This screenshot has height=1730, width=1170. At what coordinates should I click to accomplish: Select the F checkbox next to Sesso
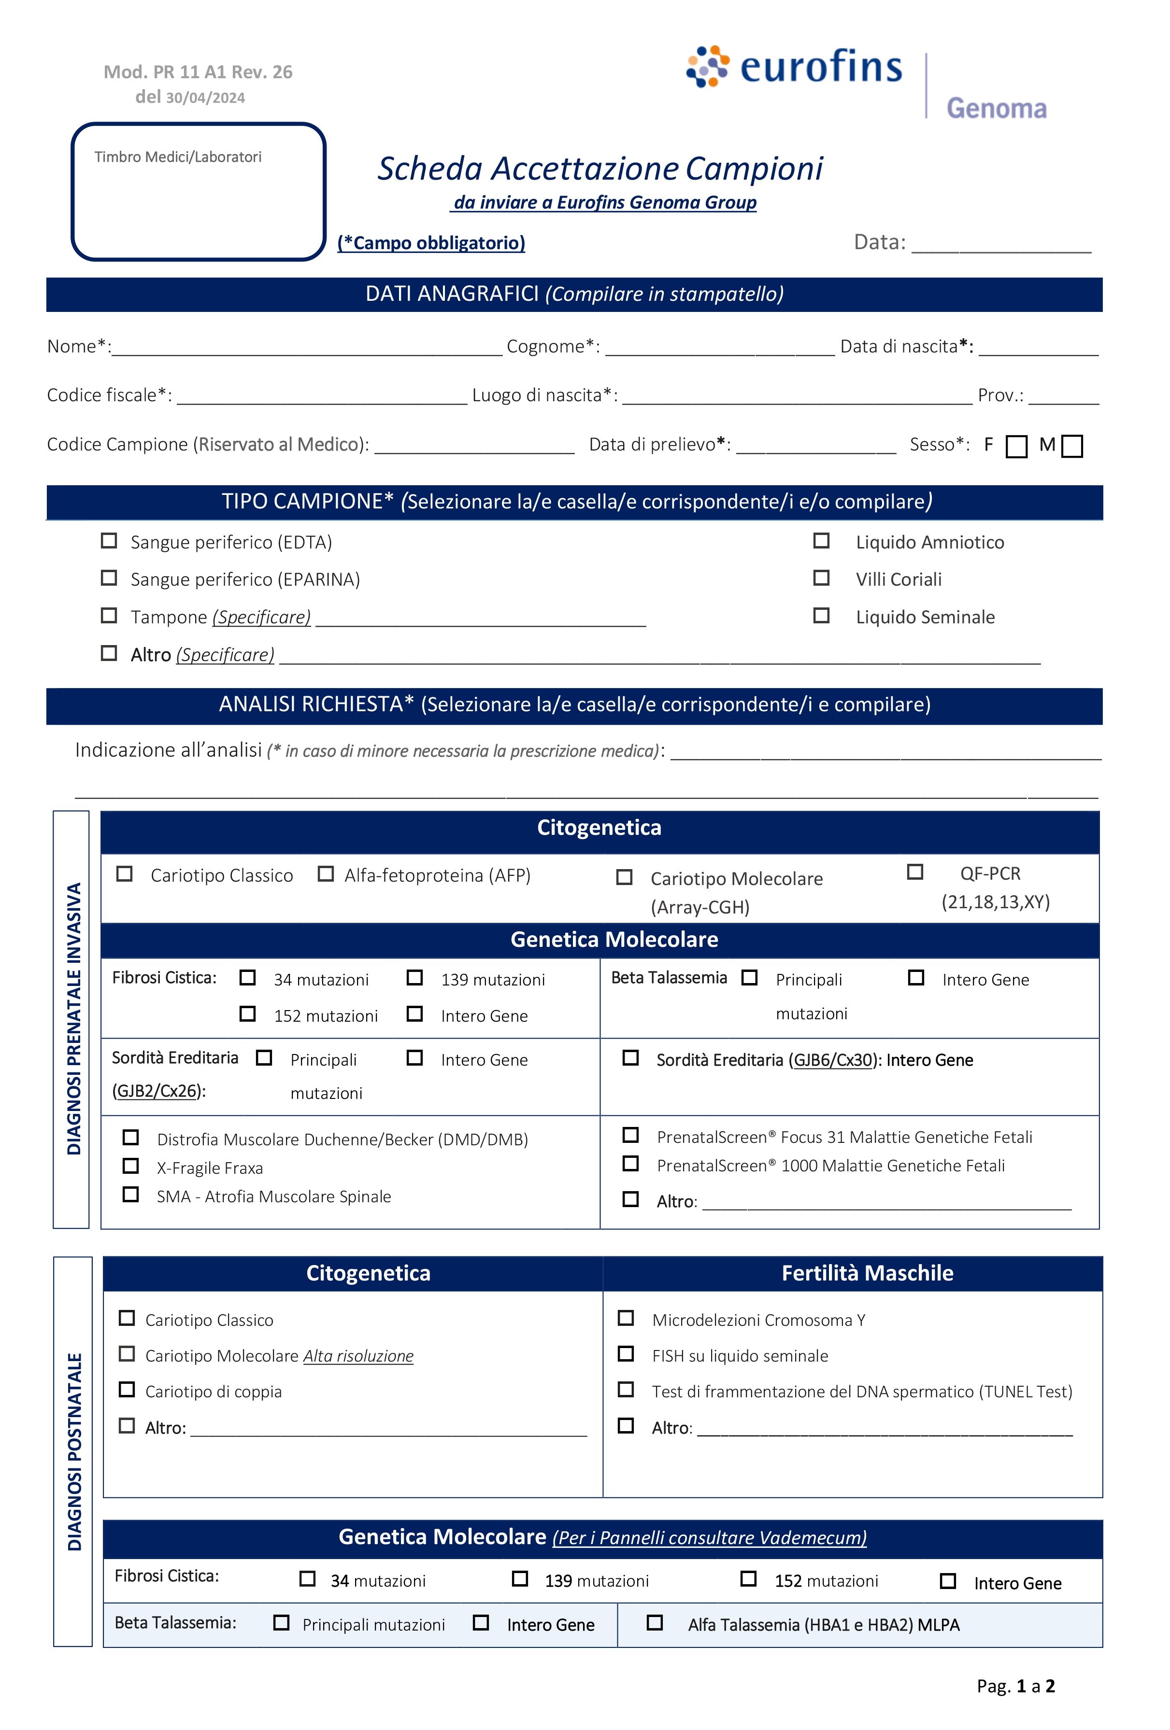pyautogui.click(x=1016, y=447)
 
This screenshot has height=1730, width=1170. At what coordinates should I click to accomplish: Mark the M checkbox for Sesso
pyautogui.click(x=1071, y=447)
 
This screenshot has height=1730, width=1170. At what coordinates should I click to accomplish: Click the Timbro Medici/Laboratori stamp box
pyautogui.click(x=198, y=192)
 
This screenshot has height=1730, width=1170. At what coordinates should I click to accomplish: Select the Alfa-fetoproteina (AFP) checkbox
pyautogui.click(x=326, y=874)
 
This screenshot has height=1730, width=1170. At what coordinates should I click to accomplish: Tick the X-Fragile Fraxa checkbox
pyautogui.click(x=130, y=1166)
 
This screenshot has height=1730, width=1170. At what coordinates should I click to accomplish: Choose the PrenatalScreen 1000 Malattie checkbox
pyautogui.click(x=630, y=1164)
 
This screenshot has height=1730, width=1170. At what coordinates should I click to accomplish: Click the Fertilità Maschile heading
pyautogui.click(x=867, y=1273)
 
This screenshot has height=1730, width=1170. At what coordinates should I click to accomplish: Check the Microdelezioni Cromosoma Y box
pyautogui.click(x=626, y=1318)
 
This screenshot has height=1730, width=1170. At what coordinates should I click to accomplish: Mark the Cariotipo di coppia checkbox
pyautogui.click(x=127, y=1390)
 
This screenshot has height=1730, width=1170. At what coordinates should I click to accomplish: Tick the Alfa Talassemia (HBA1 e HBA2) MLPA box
pyautogui.click(x=654, y=1623)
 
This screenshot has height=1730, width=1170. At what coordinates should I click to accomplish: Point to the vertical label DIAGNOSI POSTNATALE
pyautogui.click(x=74, y=1451)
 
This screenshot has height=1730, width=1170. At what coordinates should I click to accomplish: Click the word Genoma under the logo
pyautogui.click(x=997, y=109)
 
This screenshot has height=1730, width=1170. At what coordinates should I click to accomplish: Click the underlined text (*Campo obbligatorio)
pyautogui.click(x=431, y=243)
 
